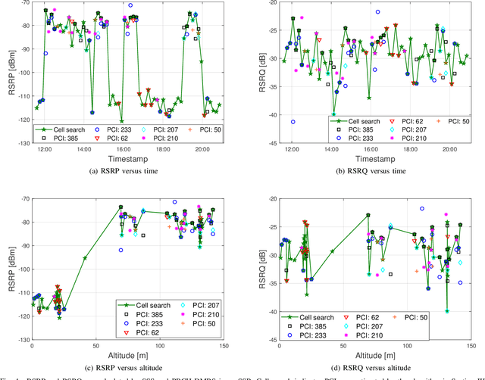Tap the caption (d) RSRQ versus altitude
tap(370, 368)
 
